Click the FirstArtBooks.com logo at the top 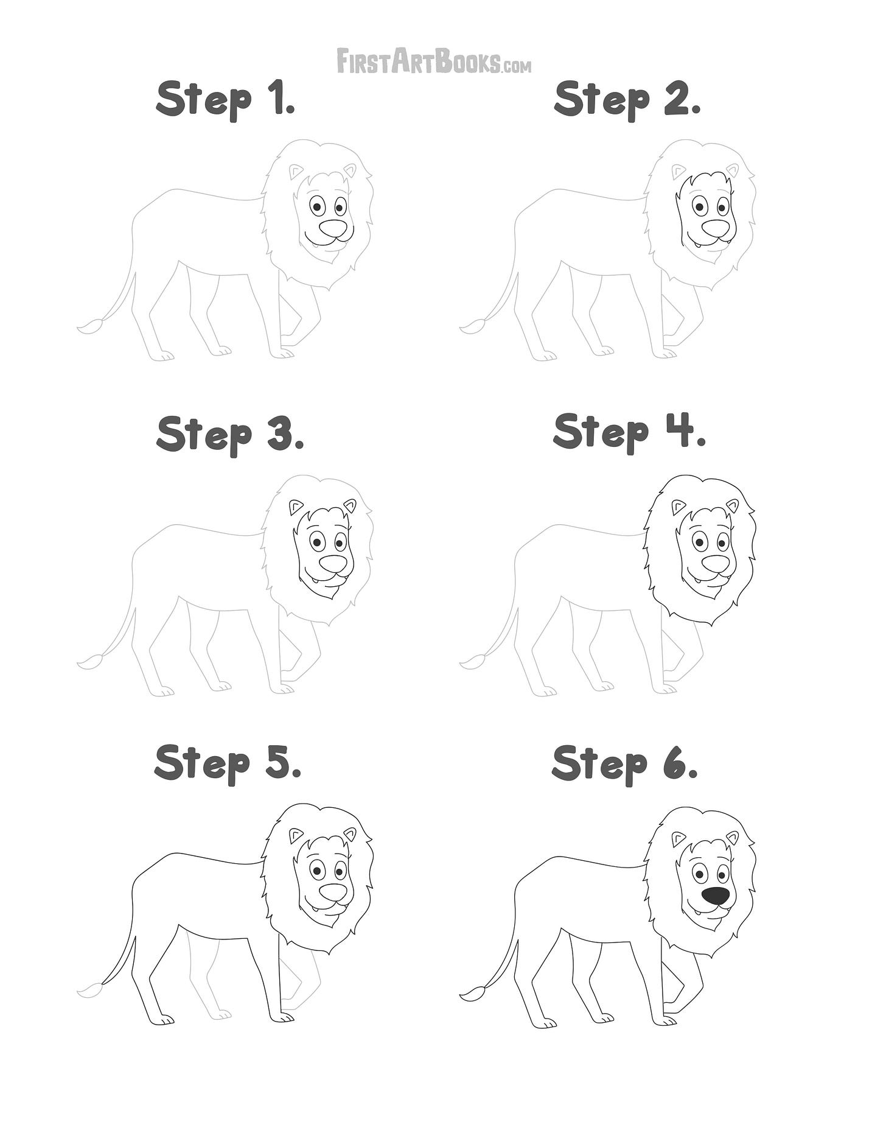pyautogui.click(x=434, y=61)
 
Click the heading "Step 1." pyautogui.click(x=226, y=100)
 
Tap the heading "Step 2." pyautogui.click(x=627, y=100)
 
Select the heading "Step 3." pyautogui.click(x=229, y=433)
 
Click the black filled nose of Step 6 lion pyautogui.click(x=716, y=896)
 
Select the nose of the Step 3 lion pyautogui.click(x=333, y=564)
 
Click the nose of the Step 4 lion pyautogui.click(x=716, y=564)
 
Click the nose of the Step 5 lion pyautogui.click(x=333, y=893)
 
